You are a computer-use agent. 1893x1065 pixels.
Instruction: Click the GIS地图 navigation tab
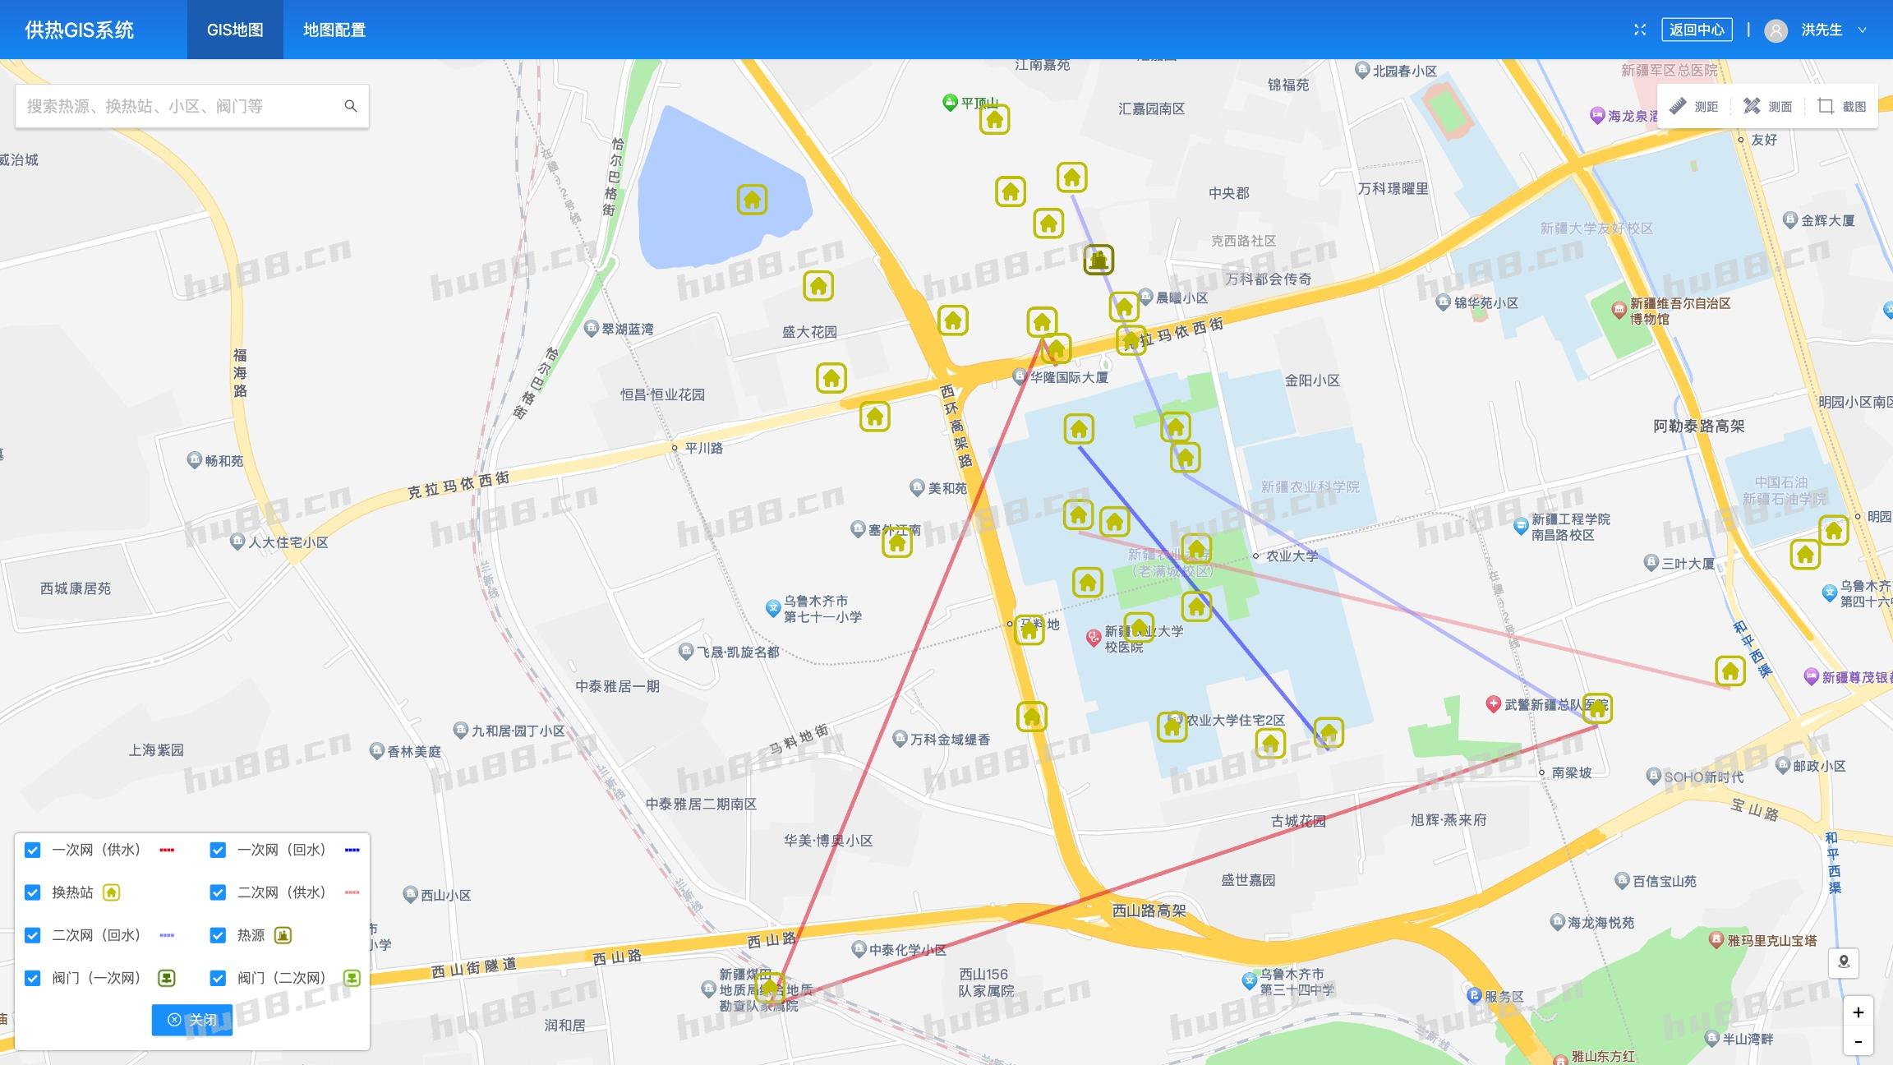[235, 30]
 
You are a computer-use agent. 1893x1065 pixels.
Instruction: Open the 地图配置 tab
[334, 30]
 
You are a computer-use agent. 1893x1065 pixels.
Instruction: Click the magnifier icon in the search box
[351, 106]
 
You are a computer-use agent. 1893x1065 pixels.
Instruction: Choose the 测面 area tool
[1768, 106]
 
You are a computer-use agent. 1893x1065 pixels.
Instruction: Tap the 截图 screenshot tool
[1842, 106]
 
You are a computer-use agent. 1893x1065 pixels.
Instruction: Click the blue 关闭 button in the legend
[192, 1020]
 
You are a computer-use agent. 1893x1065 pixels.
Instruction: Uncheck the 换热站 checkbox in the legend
[33, 892]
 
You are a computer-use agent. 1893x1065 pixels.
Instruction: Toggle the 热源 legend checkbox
[218, 935]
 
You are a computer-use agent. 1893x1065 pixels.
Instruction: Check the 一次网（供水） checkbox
[33, 850]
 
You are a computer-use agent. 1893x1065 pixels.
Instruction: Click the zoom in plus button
[1858, 1012]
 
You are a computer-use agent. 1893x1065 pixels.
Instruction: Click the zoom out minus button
[1858, 1042]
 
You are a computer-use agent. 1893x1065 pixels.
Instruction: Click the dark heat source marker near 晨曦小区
[1098, 260]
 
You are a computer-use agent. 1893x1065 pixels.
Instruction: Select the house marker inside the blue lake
[752, 200]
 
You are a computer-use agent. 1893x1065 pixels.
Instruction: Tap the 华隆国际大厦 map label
[1069, 377]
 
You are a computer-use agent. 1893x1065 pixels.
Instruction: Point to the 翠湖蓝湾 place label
[627, 329]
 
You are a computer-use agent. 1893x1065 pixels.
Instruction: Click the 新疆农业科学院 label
[1310, 486]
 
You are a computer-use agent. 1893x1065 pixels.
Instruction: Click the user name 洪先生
[1822, 30]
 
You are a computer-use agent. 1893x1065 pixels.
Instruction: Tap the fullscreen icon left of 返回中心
[1640, 30]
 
